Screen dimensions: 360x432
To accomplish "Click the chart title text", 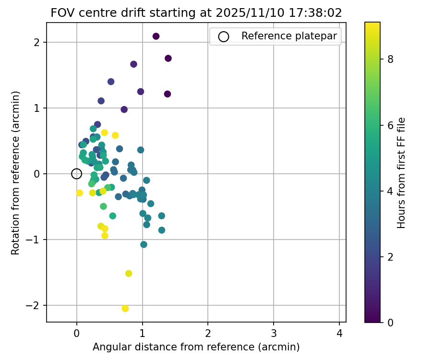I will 196,13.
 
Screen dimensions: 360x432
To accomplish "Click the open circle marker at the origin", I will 77,174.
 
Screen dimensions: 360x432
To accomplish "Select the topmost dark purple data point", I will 156,36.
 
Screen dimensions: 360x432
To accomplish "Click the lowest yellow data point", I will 125,309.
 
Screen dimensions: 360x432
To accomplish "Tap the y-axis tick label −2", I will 36,305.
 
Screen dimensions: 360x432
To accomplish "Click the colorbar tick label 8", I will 390,60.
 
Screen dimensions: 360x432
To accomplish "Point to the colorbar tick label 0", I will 390,322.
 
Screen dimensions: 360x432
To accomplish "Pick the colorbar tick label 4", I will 390,191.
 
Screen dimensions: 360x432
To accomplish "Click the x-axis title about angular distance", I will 196,347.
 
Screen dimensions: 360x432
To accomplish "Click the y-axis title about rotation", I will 16,173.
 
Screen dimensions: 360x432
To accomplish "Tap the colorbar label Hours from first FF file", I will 402,173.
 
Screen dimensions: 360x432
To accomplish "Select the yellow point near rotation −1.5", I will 129,274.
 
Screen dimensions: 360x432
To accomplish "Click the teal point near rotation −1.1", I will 144,244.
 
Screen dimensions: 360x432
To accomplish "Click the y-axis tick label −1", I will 36,240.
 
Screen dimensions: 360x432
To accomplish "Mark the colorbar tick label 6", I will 390,125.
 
